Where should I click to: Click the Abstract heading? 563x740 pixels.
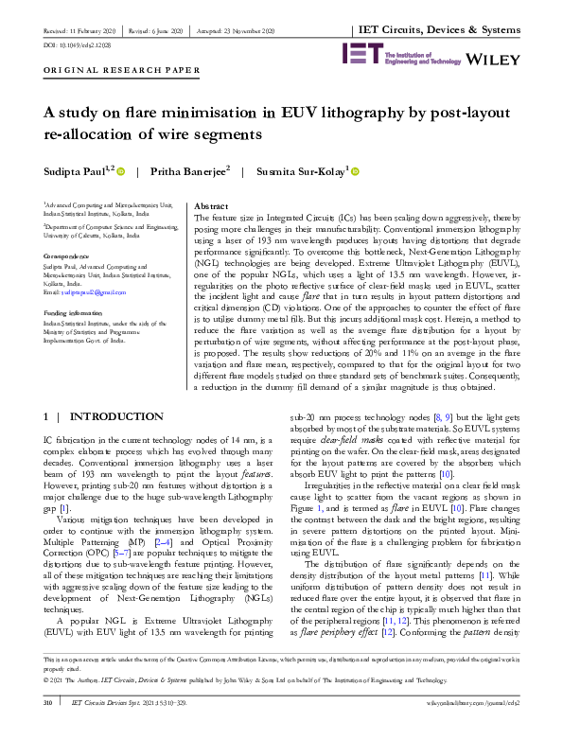pyautogui.click(x=210, y=205)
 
